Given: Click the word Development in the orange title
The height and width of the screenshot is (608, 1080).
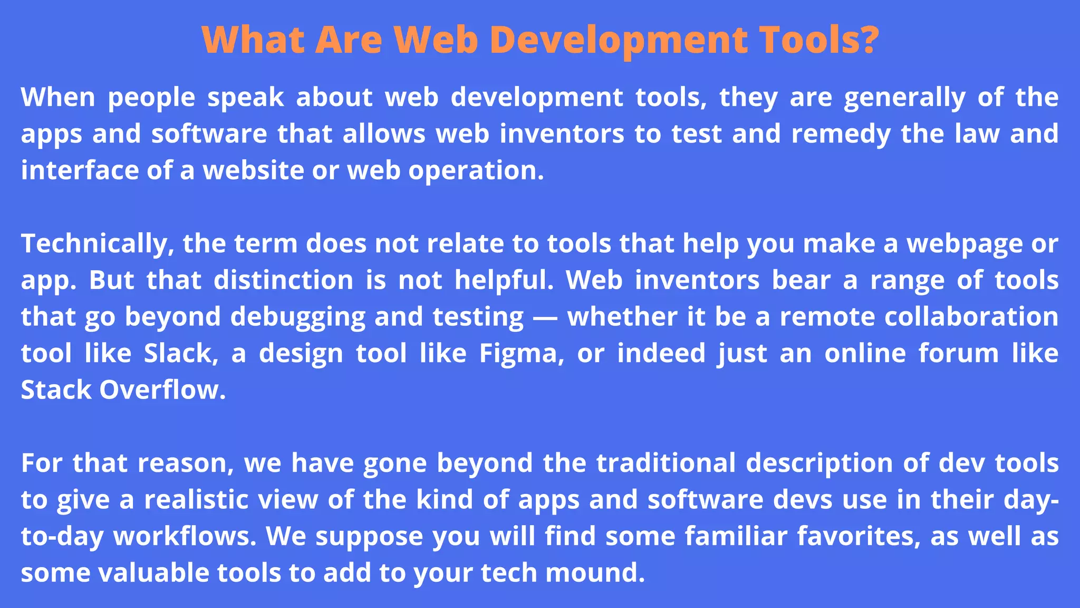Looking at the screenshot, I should click(619, 40).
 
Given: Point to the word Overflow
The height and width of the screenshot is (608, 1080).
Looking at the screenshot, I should click(162, 390).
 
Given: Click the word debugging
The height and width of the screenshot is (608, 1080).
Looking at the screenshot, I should click(298, 317).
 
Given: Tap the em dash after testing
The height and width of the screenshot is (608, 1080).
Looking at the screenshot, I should click(545, 317).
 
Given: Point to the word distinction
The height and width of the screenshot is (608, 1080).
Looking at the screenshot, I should click(283, 280).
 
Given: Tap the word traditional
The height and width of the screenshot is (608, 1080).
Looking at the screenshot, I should click(666, 463).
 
